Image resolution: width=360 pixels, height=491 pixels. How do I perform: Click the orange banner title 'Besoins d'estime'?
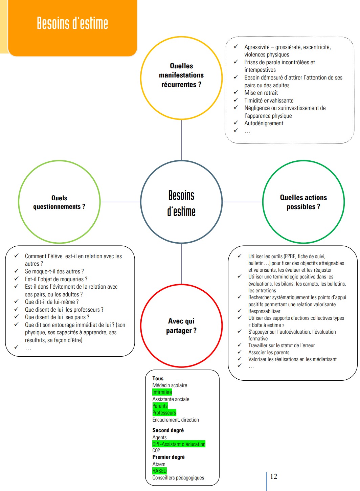coord(72,23)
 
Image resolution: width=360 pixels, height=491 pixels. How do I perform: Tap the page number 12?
coord(274,476)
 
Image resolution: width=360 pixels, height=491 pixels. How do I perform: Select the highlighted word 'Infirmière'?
coord(162,392)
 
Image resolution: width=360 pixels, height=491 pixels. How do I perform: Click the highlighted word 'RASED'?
coord(159,471)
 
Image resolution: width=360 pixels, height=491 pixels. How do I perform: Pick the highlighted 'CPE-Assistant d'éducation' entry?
coord(179,444)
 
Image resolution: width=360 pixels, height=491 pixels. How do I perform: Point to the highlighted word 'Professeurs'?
coord(164,412)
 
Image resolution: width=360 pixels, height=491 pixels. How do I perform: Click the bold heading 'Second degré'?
coord(168,430)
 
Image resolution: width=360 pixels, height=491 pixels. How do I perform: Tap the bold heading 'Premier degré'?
coord(168,457)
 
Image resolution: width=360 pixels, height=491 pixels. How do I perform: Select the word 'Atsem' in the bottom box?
coord(159,464)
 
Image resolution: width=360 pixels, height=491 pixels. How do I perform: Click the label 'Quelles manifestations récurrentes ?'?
coord(181,75)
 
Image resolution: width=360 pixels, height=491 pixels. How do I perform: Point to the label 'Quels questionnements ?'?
coord(59,202)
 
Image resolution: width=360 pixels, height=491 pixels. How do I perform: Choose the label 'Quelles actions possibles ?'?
coord(303,202)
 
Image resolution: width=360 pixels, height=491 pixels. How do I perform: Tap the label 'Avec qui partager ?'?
coord(181,326)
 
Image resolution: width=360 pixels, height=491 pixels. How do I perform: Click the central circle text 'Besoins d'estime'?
coord(181,203)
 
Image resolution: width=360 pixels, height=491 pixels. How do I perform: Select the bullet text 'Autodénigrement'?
coord(264,123)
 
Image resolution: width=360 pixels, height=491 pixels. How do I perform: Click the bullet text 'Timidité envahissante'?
coord(269,101)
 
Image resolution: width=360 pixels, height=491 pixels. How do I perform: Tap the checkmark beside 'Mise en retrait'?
coord(236,92)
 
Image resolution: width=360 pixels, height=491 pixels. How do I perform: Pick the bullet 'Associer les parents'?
coord(269,353)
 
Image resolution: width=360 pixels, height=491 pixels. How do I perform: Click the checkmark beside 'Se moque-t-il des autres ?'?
coord(17,271)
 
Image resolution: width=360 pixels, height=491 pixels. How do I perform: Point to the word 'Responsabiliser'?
coord(264,311)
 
